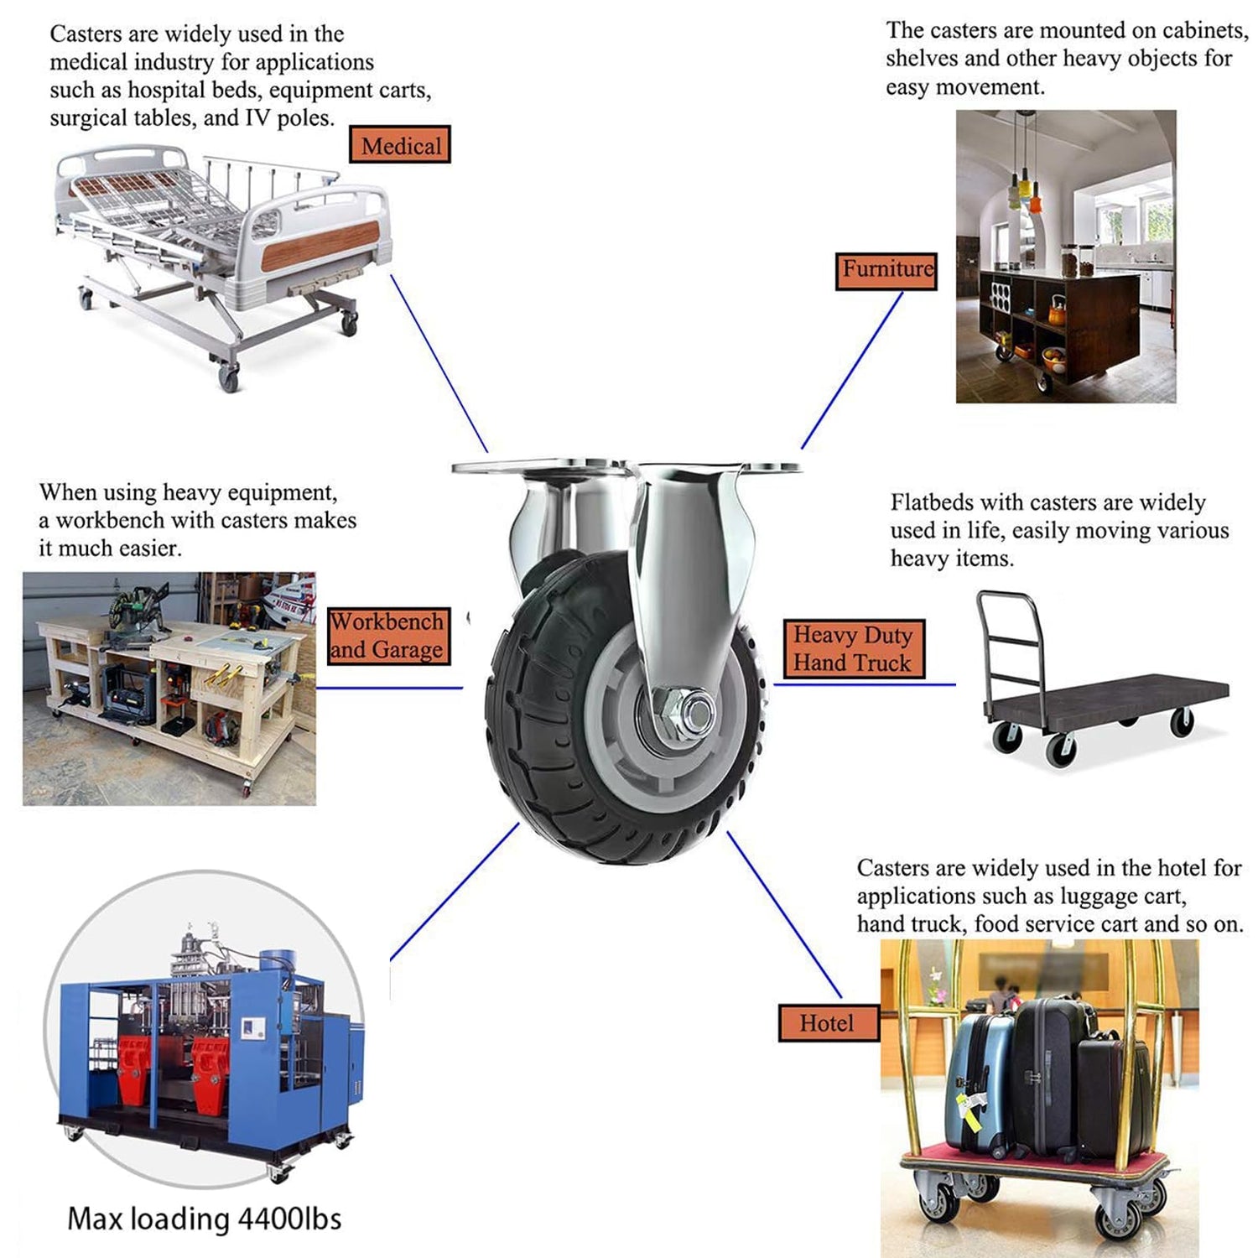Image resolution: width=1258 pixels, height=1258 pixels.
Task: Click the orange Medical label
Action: (400, 144)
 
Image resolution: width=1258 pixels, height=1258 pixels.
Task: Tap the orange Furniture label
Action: (886, 271)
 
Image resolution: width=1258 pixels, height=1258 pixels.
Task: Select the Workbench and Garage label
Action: (387, 636)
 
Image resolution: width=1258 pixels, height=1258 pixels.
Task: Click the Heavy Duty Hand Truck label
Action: (853, 648)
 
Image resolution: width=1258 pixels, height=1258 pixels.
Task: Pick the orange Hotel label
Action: (828, 1023)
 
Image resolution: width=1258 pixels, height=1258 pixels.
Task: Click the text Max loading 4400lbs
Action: (205, 1219)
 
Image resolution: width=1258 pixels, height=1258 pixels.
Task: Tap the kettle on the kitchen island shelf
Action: (1058, 311)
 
